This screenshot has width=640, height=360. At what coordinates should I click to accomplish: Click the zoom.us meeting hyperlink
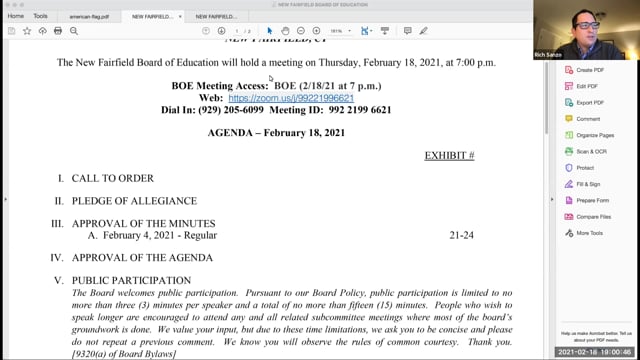291,100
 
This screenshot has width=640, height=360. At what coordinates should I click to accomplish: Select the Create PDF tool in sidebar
590,70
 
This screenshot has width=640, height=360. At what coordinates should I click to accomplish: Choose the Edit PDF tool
588,86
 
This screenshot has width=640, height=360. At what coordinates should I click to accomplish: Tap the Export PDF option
590,102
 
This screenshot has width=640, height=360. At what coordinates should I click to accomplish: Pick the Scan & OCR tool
591,151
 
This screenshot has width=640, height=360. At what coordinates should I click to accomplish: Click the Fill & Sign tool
588,184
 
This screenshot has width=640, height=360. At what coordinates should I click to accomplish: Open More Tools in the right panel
590,232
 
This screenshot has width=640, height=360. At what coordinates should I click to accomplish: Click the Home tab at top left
16,16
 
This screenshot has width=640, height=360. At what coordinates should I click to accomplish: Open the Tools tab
40,16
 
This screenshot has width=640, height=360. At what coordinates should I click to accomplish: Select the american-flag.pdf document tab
89,17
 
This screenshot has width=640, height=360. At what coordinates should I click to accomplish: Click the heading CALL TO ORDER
112,178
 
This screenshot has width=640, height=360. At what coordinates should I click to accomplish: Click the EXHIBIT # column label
449,156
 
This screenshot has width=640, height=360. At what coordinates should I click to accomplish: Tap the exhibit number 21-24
461,235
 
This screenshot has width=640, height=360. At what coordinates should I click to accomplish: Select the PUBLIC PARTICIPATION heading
130,280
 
